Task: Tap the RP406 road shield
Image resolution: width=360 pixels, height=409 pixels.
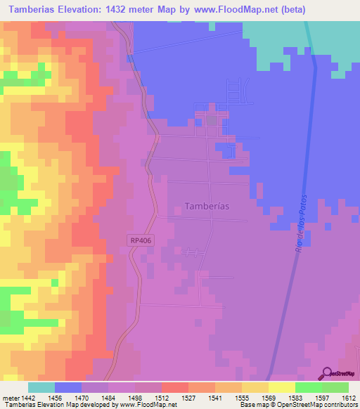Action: click(140, 240)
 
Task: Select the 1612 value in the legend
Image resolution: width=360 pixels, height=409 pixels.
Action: click(348, 397)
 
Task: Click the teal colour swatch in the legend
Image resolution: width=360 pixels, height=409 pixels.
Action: click(41, 387)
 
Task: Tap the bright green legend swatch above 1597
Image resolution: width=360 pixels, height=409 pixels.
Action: click(309, 387)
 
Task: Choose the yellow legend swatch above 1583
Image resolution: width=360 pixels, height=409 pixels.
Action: click(282, 387)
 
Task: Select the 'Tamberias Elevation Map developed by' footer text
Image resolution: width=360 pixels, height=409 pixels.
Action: click(58, 405)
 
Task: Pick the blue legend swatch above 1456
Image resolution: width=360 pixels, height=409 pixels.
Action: click(68, 387)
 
